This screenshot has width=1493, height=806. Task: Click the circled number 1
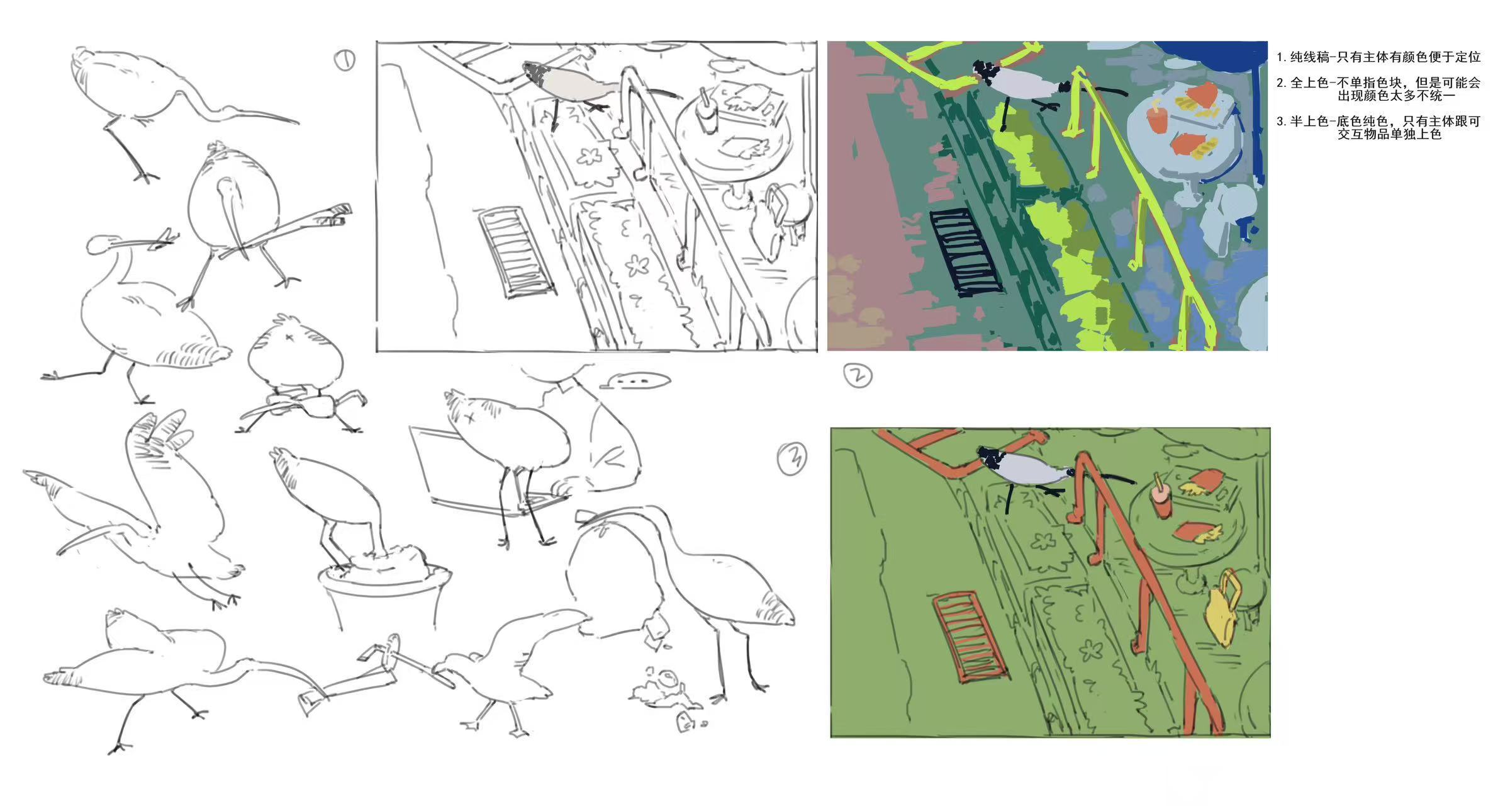344,60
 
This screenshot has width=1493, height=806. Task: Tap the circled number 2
858,375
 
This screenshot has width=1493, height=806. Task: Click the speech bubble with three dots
635,380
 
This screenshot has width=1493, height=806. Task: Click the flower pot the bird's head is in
384,595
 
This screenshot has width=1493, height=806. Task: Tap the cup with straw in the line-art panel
707,112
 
